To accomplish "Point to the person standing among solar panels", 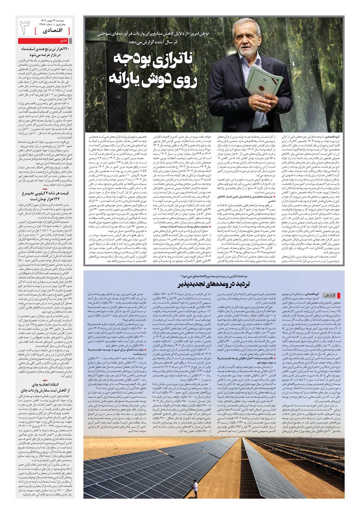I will [195, 488].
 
